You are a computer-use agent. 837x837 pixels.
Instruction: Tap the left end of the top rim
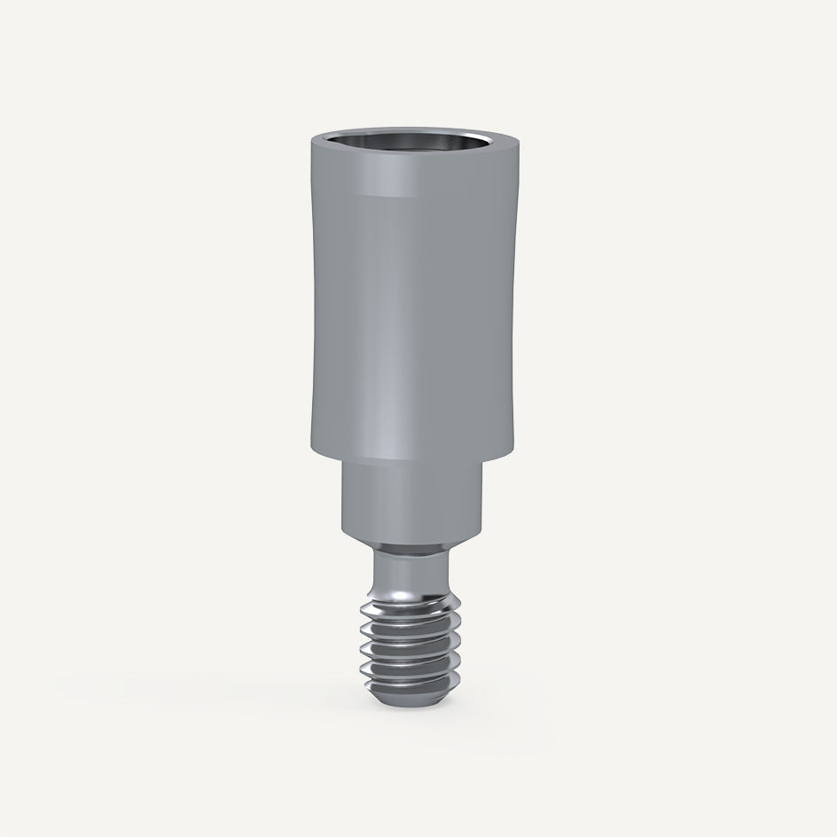pos(312,144)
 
